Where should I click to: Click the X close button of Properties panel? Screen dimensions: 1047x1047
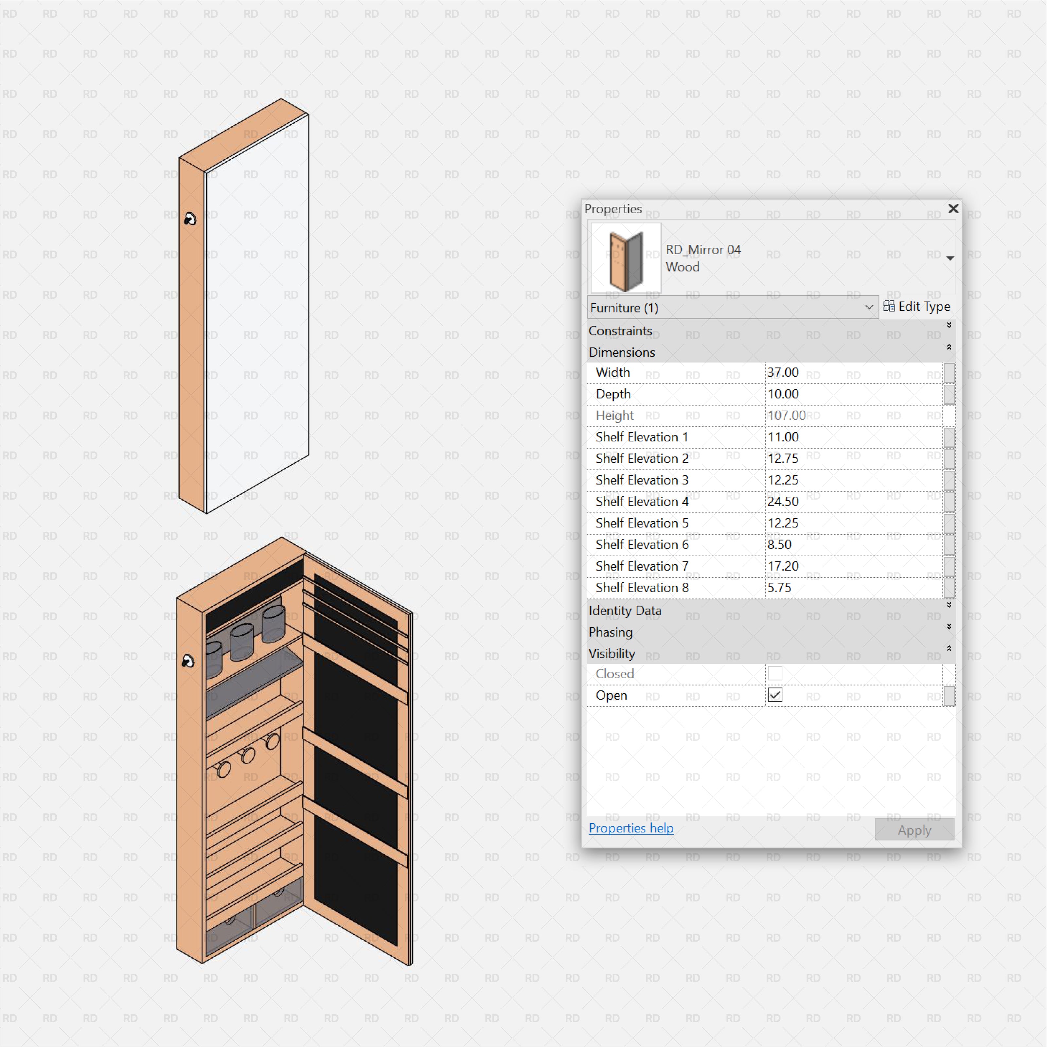(x=953, y=209)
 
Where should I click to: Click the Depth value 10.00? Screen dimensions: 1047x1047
(x=783, y=394)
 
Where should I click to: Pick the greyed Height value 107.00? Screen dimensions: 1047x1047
(x=786, y=416)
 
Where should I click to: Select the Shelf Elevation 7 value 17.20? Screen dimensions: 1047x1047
(x=783, y=566)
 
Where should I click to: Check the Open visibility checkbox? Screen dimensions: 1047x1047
(x=775, y=695)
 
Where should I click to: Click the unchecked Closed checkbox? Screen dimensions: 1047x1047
(x=775, y=674)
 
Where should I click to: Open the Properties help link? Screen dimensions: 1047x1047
(x=631, y=829)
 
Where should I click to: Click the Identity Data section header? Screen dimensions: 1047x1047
(x=625, y=611)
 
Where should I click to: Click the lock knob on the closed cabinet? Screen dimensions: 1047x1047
(x=190, y=219)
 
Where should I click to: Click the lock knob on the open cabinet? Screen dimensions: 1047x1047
(x=187, y=661)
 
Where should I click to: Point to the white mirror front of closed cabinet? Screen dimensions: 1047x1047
(x=257, y=314)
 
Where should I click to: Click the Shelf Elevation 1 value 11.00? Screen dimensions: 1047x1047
(x=783, y=437)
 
